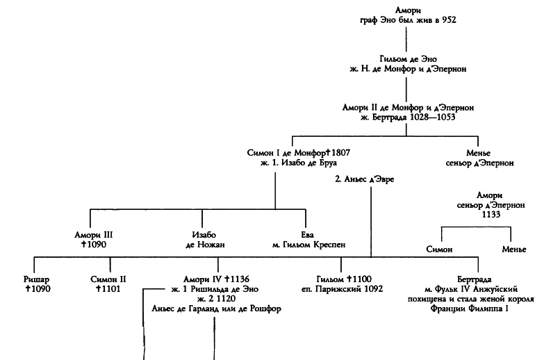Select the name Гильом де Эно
398,59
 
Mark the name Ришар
35,278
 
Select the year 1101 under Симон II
109,288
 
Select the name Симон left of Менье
438,249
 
